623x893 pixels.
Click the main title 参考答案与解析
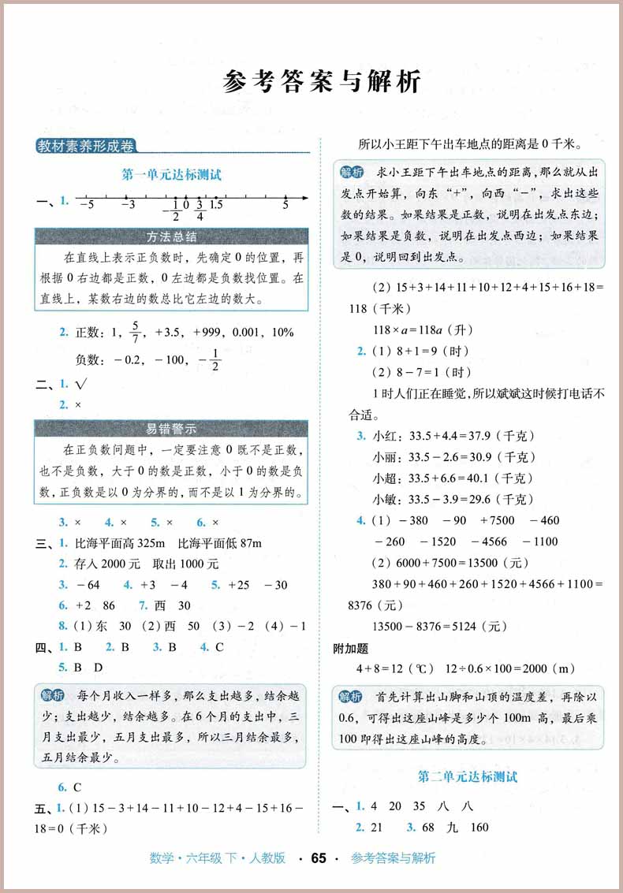[322, 81]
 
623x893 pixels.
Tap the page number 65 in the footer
[319, 858]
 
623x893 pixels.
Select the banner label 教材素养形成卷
[86, 146]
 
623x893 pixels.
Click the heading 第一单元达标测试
[171, 175]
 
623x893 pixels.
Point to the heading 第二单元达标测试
[468, 776]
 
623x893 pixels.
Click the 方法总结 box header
[171, 236]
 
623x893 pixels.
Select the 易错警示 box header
[171, 429]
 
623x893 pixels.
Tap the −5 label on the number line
[87, 205]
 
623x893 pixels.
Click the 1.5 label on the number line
[215, 205]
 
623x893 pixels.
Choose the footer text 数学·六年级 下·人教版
[218, 858]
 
